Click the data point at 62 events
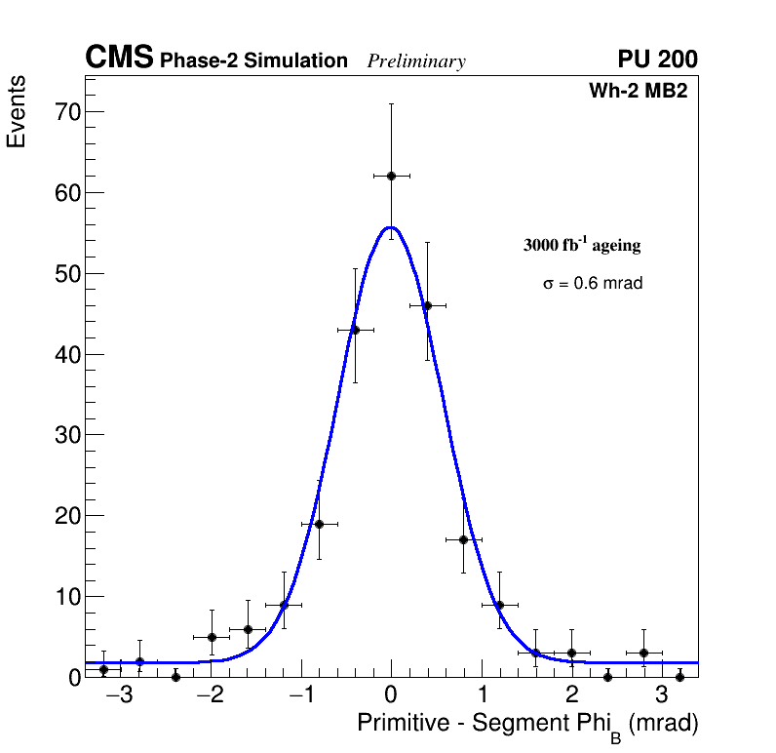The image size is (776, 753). [391, 176]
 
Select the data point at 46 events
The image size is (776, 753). [427, 305]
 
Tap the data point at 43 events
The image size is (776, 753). [355, 330]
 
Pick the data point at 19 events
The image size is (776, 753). [319, 524]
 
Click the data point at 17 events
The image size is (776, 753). [463, 539]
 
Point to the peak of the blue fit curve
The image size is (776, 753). [390, 227]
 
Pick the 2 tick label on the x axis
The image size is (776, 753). [571, 696]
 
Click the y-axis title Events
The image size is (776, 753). [17, 111]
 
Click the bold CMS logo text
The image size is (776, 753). [119, 59]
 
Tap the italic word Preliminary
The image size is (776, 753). [416, 61]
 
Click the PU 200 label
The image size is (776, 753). [657, 59]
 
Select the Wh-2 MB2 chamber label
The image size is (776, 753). [639, 91]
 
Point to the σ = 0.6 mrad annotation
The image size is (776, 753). [593, 284]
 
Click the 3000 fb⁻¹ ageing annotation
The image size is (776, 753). [582, 245]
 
